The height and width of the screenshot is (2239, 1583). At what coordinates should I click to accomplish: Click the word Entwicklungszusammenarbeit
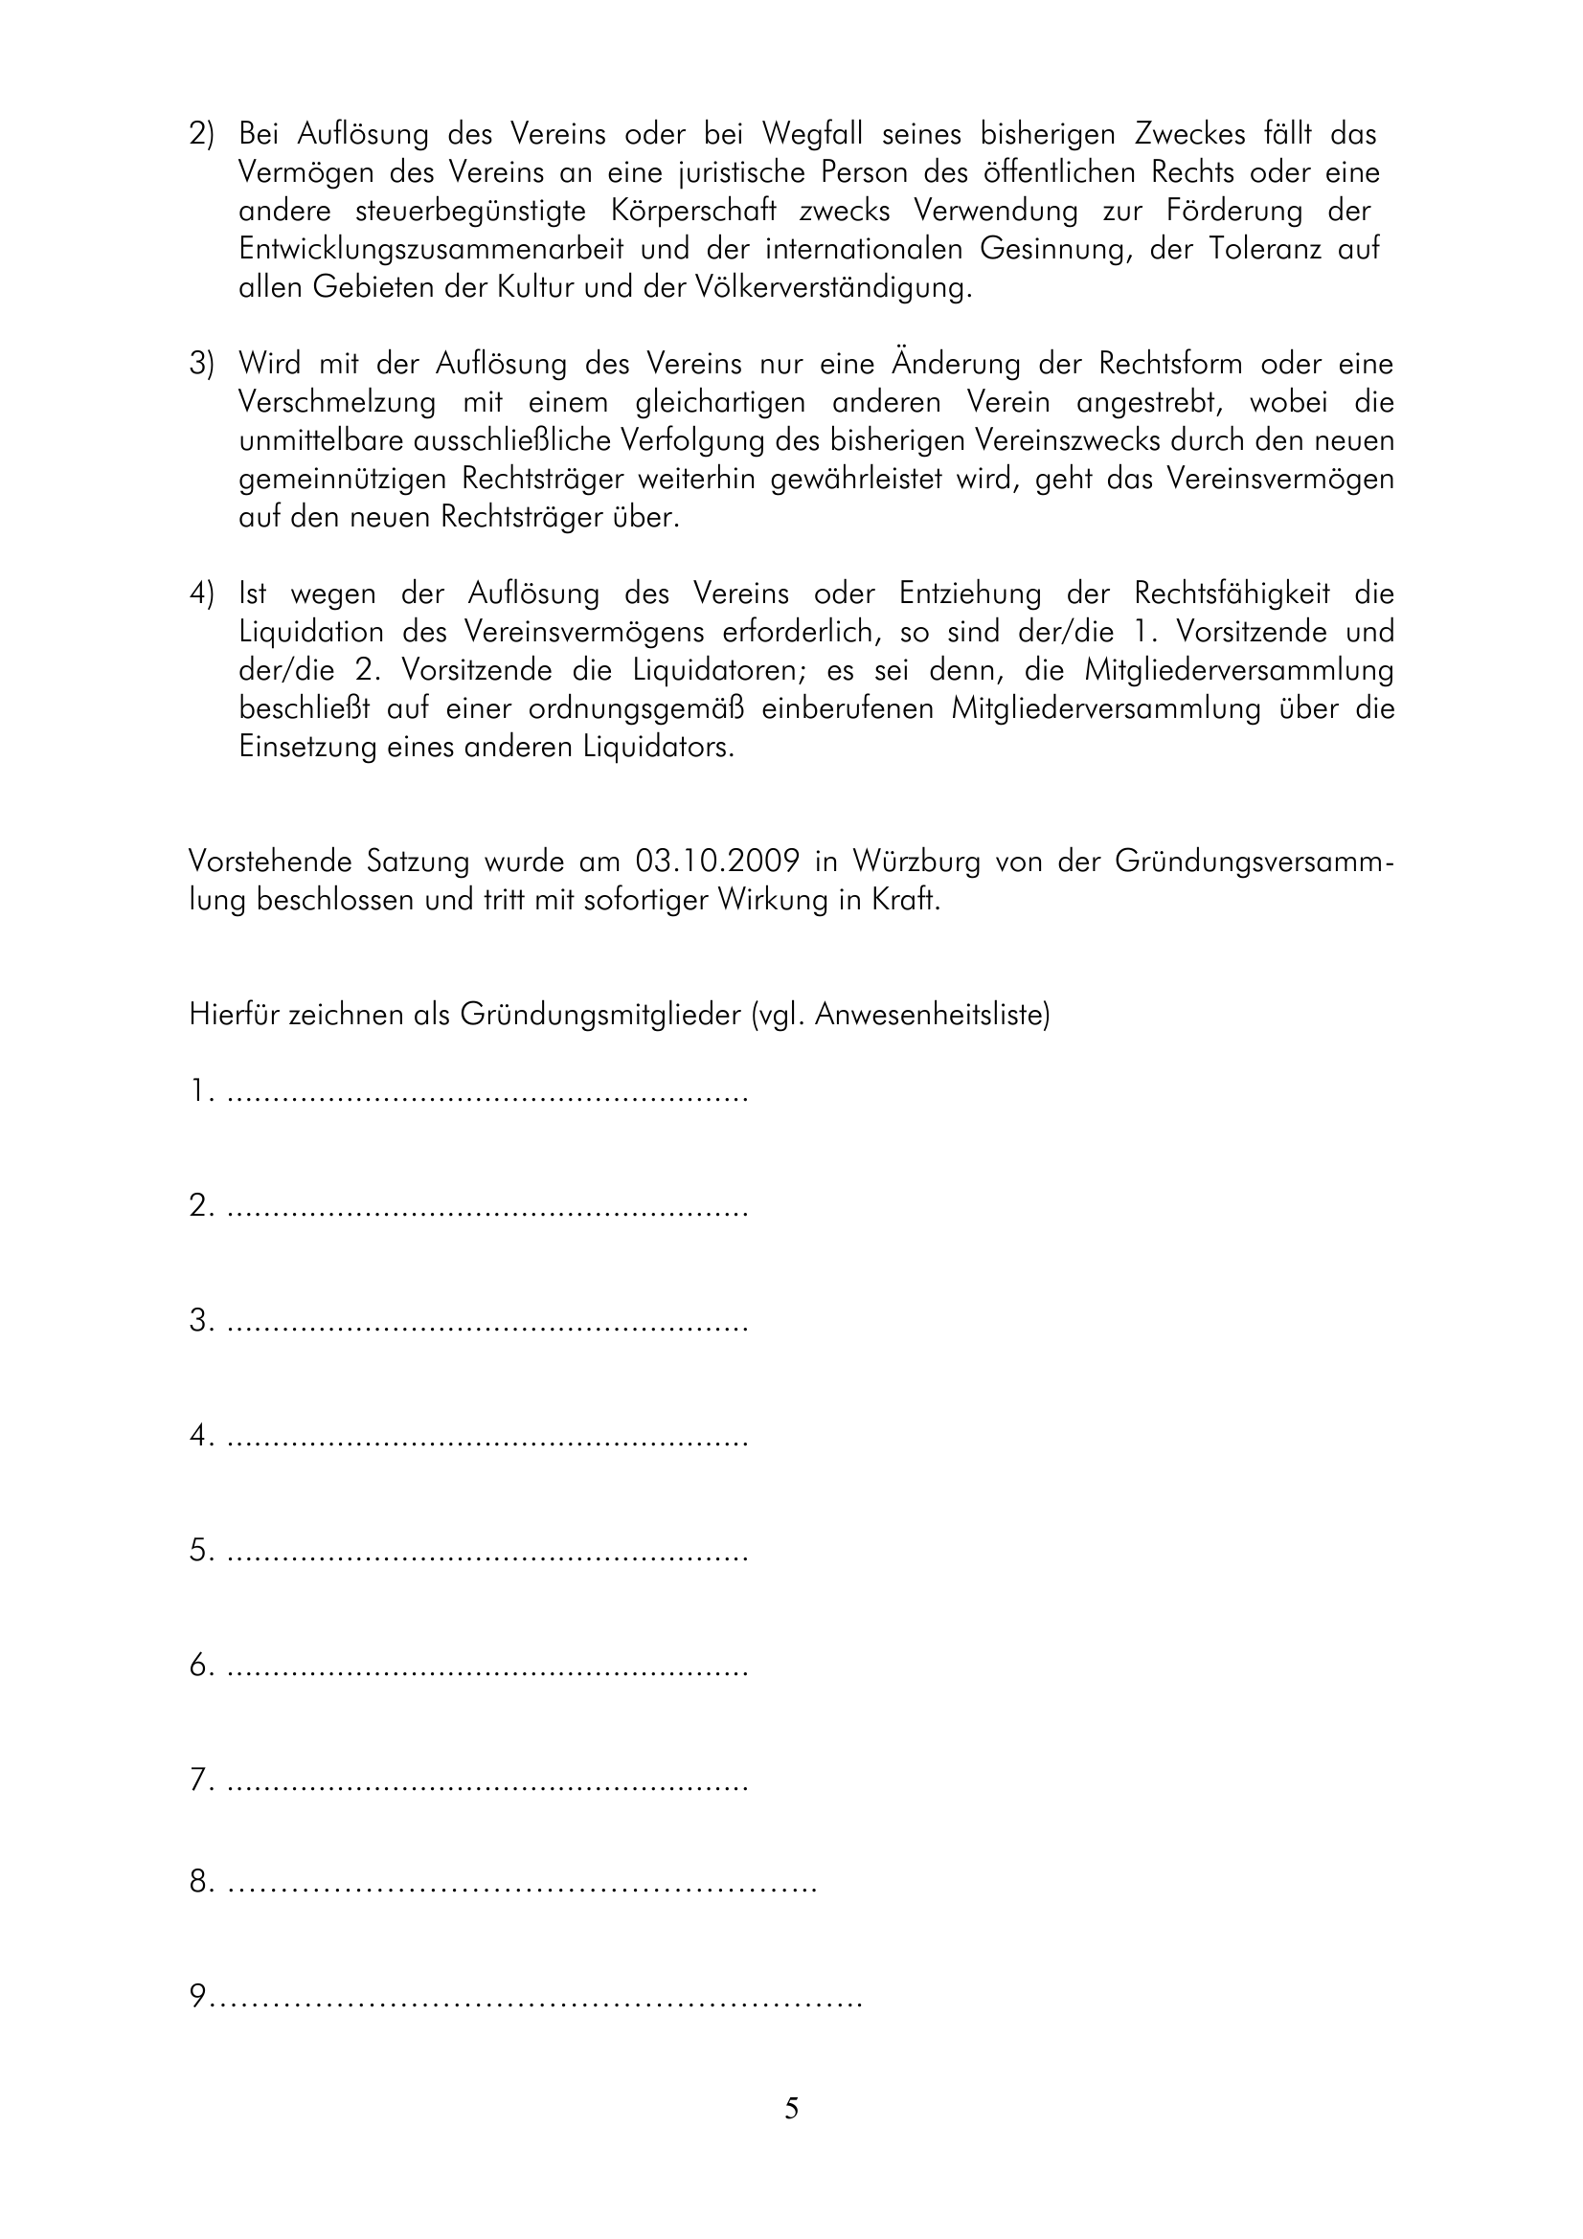(x=431, y=250)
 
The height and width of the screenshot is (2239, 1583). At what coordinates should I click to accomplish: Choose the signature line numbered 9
(x=536, y=1999)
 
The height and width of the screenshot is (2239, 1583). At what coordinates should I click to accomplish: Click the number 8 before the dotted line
(x=200, y=1882)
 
